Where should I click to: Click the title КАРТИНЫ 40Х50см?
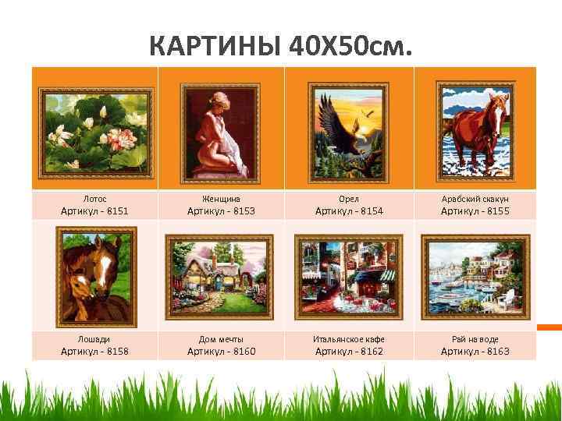279,48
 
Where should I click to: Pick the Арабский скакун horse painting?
475,130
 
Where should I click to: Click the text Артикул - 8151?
95,211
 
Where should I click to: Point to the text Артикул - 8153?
222,211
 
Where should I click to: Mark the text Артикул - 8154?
349,211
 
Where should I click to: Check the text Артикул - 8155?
475,211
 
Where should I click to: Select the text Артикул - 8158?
95,352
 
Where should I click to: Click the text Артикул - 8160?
222,352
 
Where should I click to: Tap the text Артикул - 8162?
349,352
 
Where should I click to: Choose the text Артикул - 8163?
475,352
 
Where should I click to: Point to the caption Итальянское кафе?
349,340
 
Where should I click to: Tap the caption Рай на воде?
475,340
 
